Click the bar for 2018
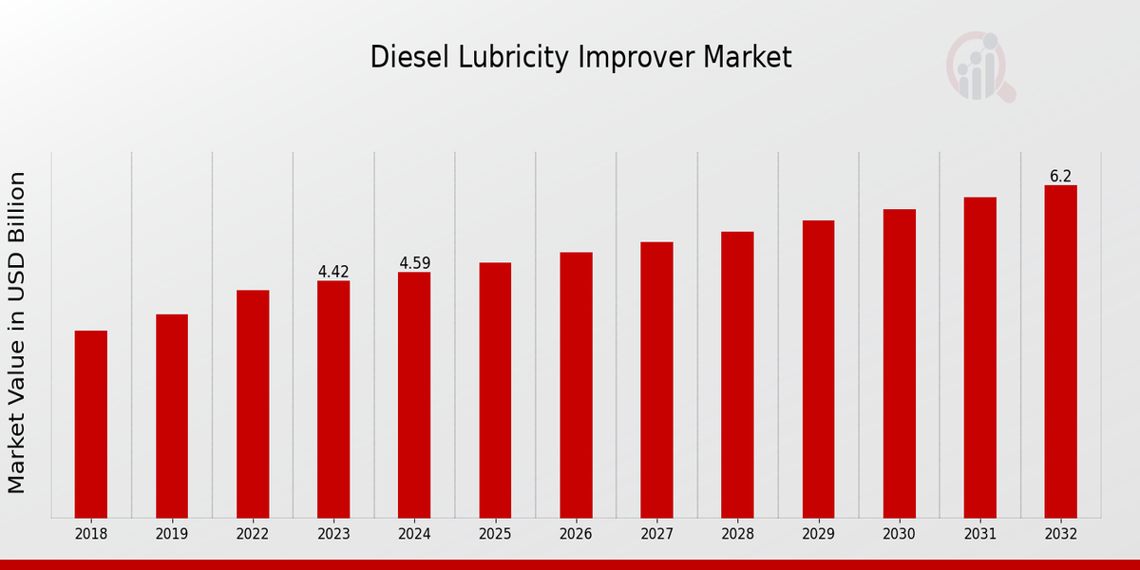[91, 424]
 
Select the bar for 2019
[172, 415]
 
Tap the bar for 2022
[253, 404]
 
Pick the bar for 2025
[495, 389]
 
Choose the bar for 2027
[656, 379]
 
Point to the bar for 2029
[818, 369]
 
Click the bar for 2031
[979, 357]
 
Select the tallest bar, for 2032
[1060, 351]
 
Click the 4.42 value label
[333, 272]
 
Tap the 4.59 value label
[414, 263]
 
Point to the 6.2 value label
[1060, 177]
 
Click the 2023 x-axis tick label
[333, 535]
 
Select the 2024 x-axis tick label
[414, 535]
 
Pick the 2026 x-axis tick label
[576, 535]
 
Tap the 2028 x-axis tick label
[737, 535]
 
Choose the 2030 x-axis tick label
[899, 535]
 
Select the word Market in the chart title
[747, 58]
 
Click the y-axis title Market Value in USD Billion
[17, 332]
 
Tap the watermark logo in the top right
[979, 66]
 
